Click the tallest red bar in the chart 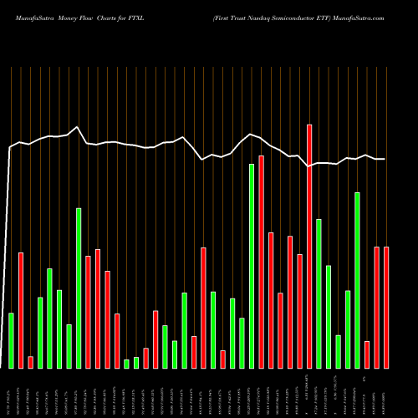(309, 246)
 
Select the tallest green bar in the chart (252, 266)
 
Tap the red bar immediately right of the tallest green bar (262, 262)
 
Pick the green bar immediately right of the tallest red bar (319, 293)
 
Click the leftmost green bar (12, 340)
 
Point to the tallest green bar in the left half (79, 288)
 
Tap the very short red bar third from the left (31, 362)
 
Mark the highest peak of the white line (77, 127)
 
